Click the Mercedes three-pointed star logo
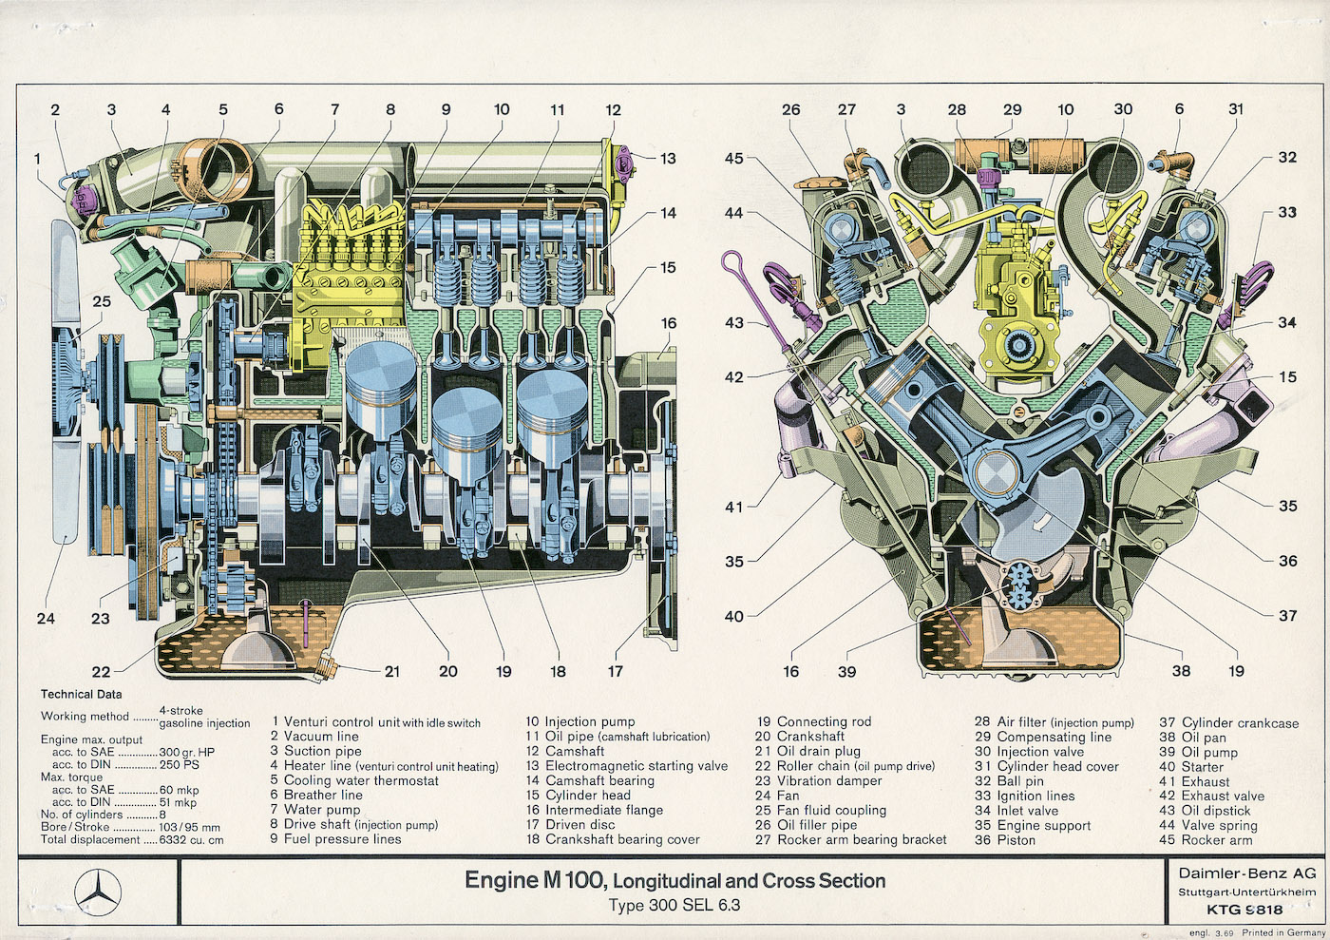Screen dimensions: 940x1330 pyautogui.click(x=97, y=892)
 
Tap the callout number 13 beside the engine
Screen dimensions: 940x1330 pyautogui.click(x=668, y=159)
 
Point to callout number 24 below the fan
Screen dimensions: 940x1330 pyautogui.click(x=46, y=619)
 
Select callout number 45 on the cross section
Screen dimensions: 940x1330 pyautogui.click(x=734, y=159)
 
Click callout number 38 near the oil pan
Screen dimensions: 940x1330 pyautogui.click(x=1181, y=671)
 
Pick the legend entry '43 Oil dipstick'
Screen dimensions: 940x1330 pyautogui.click(x=1205, y=811)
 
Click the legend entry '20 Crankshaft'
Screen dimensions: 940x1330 pyautogui.click(x=799, y=737)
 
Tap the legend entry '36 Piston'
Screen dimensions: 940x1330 pyautogui.click(x=1005, y=840)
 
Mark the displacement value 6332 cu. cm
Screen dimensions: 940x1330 pyautogui.click(x=191, y=840)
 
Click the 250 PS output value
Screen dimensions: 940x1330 pyautogui.click(x=180, y=764)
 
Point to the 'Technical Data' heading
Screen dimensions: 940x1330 pyautogui.click(x=81, y=695)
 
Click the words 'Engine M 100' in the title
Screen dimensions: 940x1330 pyautogui.click(x=532, y=880)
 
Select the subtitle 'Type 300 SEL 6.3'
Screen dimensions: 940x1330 pyautogui.click(x=674, y=905)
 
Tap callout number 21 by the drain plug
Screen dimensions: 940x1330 pyautogui.click(x=391, y=672)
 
